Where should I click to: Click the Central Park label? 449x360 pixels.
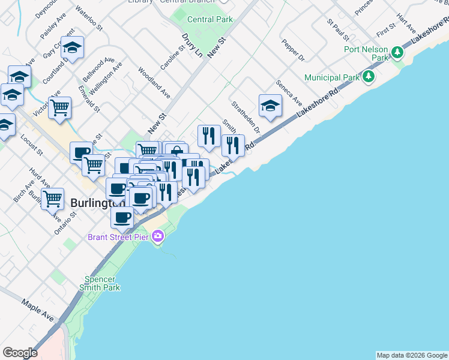209,19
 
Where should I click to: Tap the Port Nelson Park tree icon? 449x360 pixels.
397,53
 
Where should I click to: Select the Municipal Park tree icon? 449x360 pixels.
369,77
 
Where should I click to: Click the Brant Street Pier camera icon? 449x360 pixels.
158,236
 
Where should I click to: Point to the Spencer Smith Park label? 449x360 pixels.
103,283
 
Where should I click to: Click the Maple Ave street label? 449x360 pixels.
38,309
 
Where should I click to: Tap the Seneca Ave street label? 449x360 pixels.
289,91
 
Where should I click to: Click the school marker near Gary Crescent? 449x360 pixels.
73,47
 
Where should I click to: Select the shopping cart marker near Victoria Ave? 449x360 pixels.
59,108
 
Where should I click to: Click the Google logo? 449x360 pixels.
20,353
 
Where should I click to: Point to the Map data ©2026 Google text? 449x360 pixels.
412,355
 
